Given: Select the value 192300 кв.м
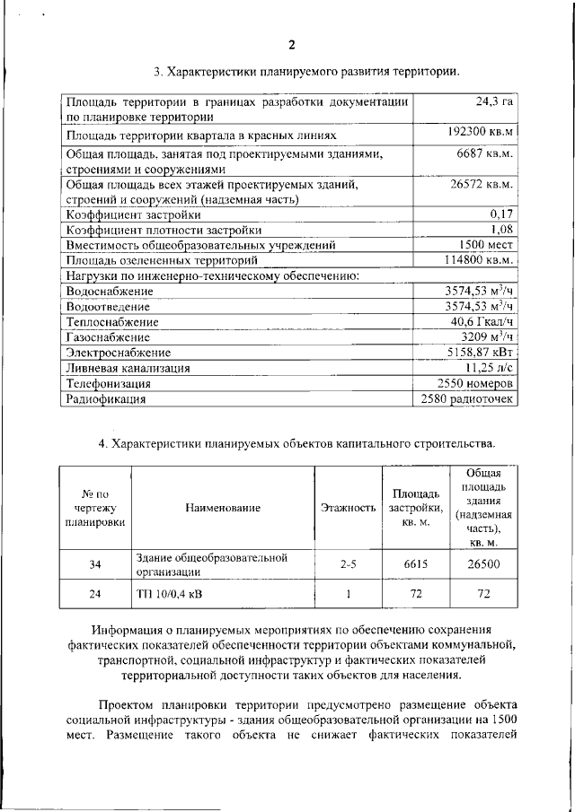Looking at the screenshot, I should (480, 133).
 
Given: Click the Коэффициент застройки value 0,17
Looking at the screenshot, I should (501, 214).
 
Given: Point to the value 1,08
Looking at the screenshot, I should (501, 230).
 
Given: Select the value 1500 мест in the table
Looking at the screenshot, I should (484, 245).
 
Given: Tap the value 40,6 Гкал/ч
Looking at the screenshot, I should (482, 321).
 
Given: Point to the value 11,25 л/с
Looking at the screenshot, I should (489, 367).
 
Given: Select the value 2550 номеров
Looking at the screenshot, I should (473, 382).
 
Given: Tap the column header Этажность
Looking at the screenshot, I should (348, 508).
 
